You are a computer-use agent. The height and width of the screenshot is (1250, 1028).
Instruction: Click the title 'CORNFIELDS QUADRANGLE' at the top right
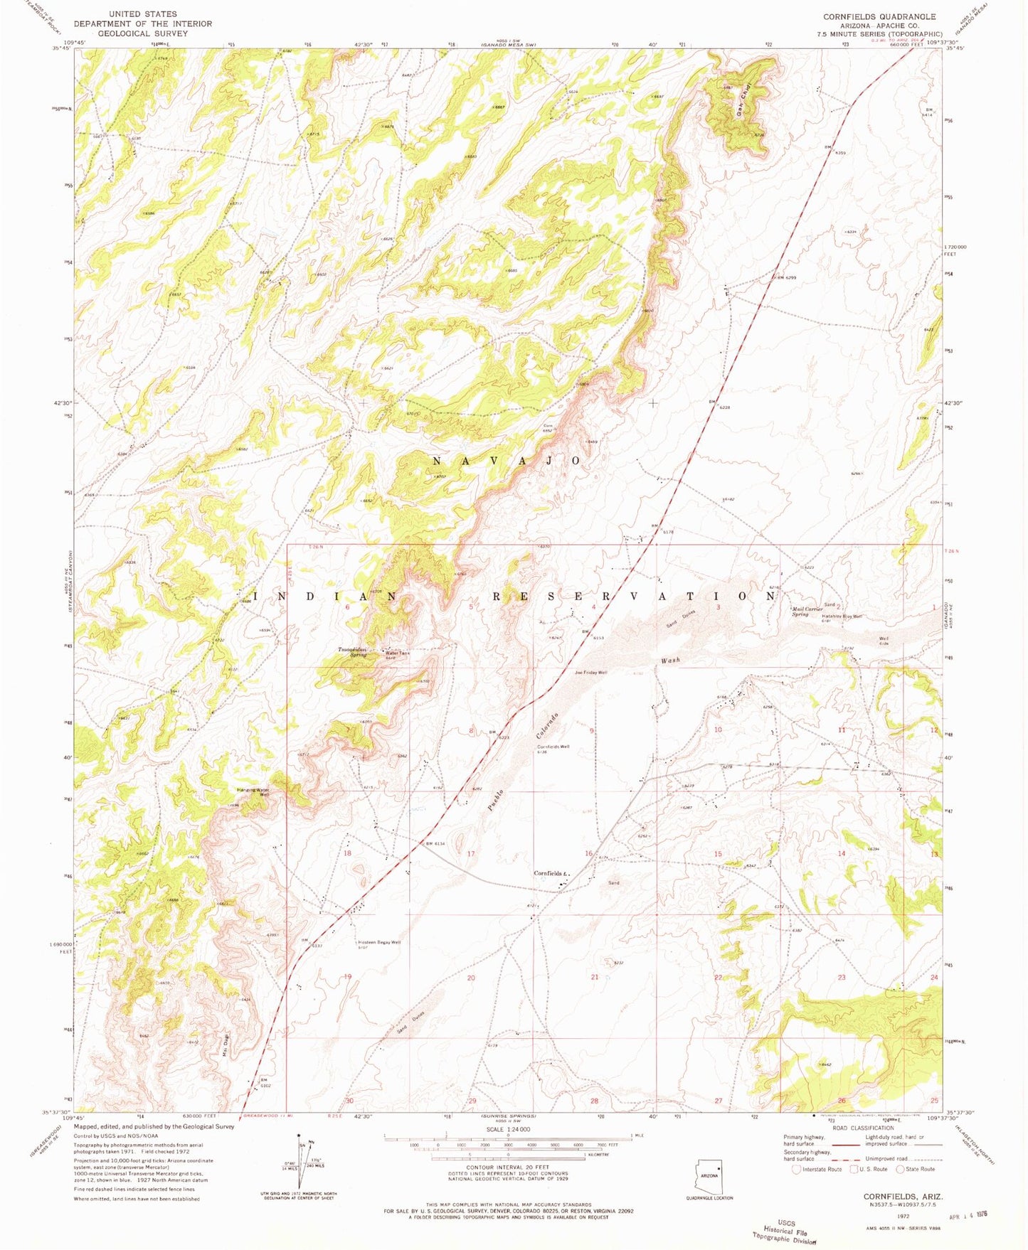click(879, 16)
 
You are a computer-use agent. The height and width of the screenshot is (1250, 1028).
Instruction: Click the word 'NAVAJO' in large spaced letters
click(507, 461)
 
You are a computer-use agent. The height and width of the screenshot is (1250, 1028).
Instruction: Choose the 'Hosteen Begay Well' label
click(379, 942)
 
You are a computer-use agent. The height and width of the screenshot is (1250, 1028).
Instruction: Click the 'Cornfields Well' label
click(553, 747)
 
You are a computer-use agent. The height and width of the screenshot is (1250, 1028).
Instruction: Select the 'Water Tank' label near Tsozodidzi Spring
click(397, 653)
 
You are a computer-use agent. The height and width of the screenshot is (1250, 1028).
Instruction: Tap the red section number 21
click(594, 977)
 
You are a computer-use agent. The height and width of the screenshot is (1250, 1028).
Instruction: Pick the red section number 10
click(718, 730)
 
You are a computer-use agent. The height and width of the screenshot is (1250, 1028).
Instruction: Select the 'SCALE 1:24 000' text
click(507, 1129)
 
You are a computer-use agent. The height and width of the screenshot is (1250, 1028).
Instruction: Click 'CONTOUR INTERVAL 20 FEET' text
click(507, 1168)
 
